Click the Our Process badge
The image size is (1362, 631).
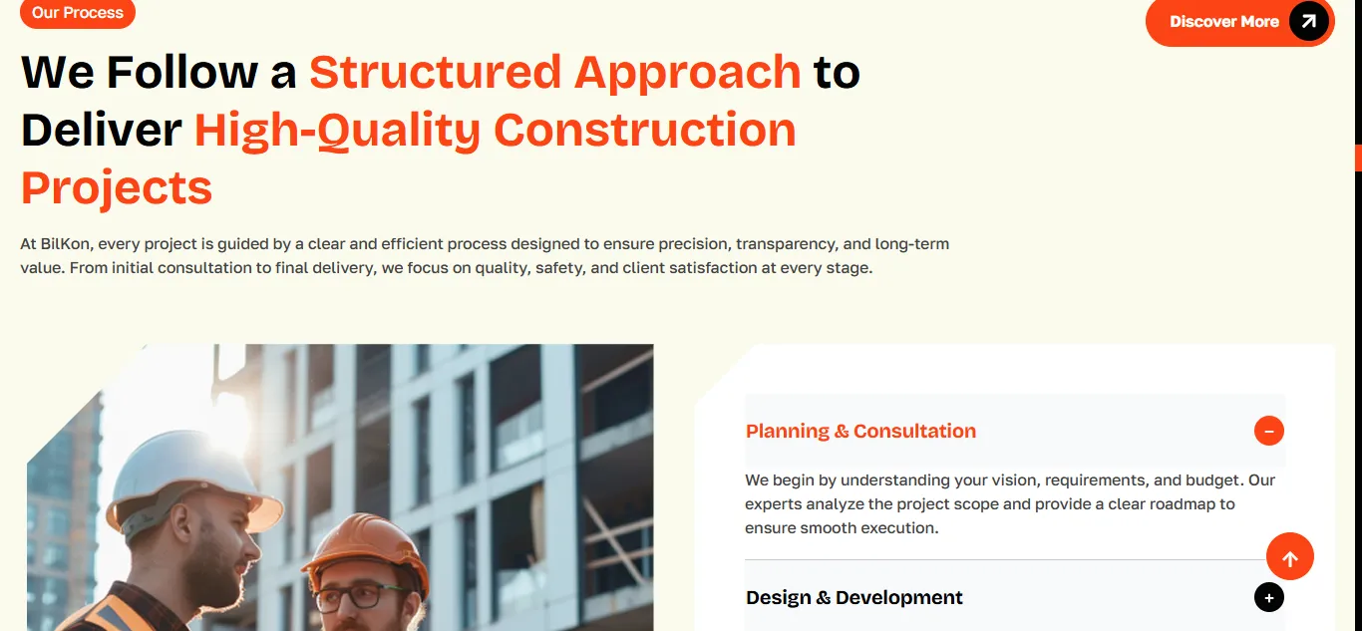coord(78,13)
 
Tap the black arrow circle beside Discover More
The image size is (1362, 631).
coord(1308,21)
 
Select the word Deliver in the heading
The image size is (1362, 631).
coord(101,130)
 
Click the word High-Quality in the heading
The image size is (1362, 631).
coord(337,132)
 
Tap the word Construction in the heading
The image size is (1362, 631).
coord(645,130)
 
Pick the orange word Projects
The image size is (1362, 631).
coord(116,188)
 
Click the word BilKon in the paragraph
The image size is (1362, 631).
coord(67,244)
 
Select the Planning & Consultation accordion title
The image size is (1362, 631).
coord(860,431)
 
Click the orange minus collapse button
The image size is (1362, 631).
coord(1269,431)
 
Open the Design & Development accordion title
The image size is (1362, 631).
coord(854,597)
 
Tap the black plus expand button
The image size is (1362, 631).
coord(1269,598)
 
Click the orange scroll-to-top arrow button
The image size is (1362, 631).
coord(1290,557)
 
